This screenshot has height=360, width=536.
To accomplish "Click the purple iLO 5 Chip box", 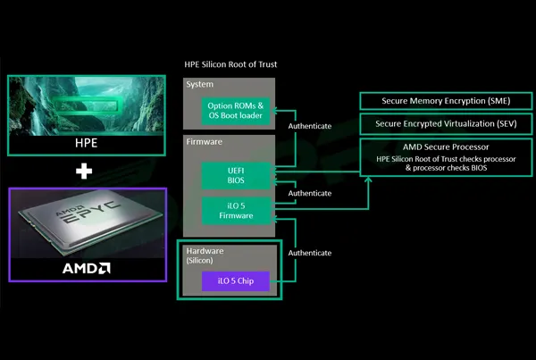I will pyautogui.click(x=230, y=283).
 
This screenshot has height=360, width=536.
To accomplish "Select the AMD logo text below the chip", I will pyautogui.click(x=87, y=267).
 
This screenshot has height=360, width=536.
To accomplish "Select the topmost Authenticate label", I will pyautogui.click(x=310, y=126).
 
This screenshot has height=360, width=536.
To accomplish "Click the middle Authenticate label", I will pyautogui.click(x=310, y=192).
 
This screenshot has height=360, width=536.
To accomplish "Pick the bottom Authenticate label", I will pyautogui.click(x=310, y=252).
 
